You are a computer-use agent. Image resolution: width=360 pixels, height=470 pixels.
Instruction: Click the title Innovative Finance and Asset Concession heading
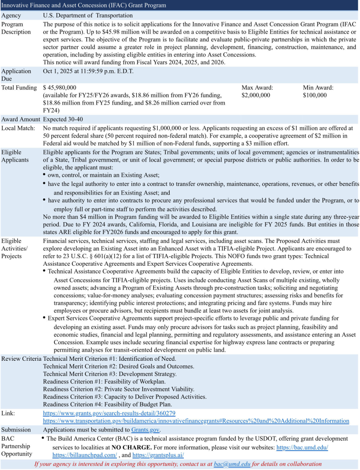[83, 5]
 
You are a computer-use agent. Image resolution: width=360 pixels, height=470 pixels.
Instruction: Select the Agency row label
[11, 15]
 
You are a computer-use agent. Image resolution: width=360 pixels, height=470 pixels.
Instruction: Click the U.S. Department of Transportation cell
[89, 15]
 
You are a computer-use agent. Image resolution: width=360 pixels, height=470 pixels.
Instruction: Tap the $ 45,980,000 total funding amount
[60, 87]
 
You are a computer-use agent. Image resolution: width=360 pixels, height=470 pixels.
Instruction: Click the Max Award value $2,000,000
[255, 95]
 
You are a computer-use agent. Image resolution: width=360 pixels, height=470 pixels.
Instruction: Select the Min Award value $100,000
[315, 95]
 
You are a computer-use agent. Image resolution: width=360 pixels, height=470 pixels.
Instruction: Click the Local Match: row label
[18, 128]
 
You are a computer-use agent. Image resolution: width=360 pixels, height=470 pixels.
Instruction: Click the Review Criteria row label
[21, 358]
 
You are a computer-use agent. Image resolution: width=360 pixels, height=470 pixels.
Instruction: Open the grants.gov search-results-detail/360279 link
[109, 413]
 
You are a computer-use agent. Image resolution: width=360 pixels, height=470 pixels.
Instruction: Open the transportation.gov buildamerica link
[196, 421]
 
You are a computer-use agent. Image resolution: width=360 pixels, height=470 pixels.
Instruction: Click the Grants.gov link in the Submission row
[145, 430]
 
